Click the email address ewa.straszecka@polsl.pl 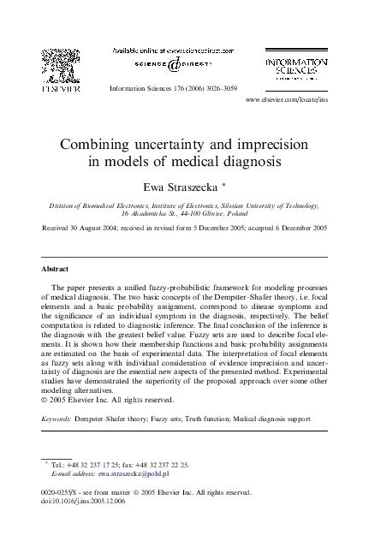(x=134, y=473)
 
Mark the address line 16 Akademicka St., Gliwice (x=184, y=215)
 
